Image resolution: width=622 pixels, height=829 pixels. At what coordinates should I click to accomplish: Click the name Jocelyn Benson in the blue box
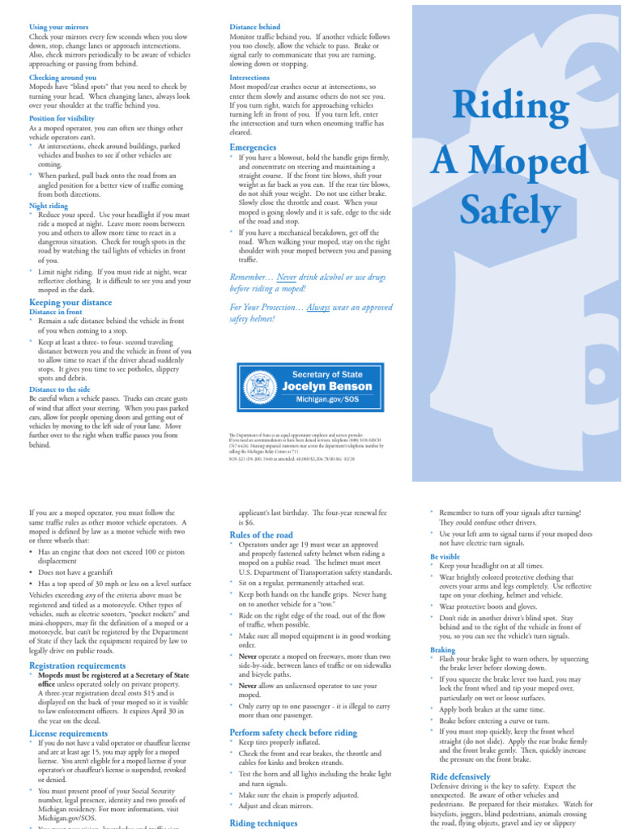pyautogui.click(x=322, y=386)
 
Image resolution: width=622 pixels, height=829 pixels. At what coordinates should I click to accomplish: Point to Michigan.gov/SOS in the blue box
pyautogui.click(x=322, y=400)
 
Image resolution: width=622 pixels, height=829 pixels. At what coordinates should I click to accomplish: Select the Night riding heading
pyautogui.click(x=49, y=206)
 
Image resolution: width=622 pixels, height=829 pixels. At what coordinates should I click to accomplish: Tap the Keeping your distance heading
pyautogui.click(x=71, y=302)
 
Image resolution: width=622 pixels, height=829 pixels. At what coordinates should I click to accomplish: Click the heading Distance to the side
pyautogui.click(x=61, y=389)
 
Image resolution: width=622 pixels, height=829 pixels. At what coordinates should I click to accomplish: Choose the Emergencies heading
pyautogui.click(x=253, y=147)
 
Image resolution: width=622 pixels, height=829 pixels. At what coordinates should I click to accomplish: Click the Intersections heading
pyautogui.click(x=250, y=78)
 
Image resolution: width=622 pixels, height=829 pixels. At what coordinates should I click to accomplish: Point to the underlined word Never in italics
pyautogui.click(x=287, y=277)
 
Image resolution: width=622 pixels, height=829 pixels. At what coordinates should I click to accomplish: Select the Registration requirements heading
pyautogui.click(x=78, y=665)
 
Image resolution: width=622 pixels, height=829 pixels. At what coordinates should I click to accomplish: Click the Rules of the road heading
pyautogui.click(x=262, y=535)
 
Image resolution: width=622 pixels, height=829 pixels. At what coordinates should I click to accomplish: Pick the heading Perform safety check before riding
pyautogui.click(x=293, y=732)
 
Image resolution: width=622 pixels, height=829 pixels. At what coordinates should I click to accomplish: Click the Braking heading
pyautogui.click(x=443, y=649)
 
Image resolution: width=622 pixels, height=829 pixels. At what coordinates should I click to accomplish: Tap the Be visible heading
pyautogui.click(x=445, y=557)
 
